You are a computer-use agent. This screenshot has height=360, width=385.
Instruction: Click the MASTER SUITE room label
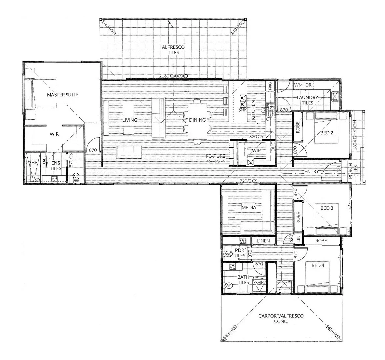62,95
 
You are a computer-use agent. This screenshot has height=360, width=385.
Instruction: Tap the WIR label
54,134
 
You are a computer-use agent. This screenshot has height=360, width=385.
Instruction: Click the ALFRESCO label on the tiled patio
173,47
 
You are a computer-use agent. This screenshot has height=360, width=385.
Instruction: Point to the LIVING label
130,120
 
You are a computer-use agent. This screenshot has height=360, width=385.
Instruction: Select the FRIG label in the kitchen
270,86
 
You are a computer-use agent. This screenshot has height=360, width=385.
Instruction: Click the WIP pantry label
256,151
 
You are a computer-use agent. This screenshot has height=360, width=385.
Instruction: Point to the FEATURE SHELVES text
215,159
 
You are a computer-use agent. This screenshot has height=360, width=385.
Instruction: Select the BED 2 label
327,133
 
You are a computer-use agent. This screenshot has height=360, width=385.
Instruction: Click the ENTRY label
312,171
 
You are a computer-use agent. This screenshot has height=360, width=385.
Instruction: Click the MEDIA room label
249,207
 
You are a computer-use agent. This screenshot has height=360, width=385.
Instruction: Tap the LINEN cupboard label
263,241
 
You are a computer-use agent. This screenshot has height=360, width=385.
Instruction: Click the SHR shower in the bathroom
260,282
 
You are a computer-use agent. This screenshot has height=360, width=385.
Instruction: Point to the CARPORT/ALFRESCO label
281,316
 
